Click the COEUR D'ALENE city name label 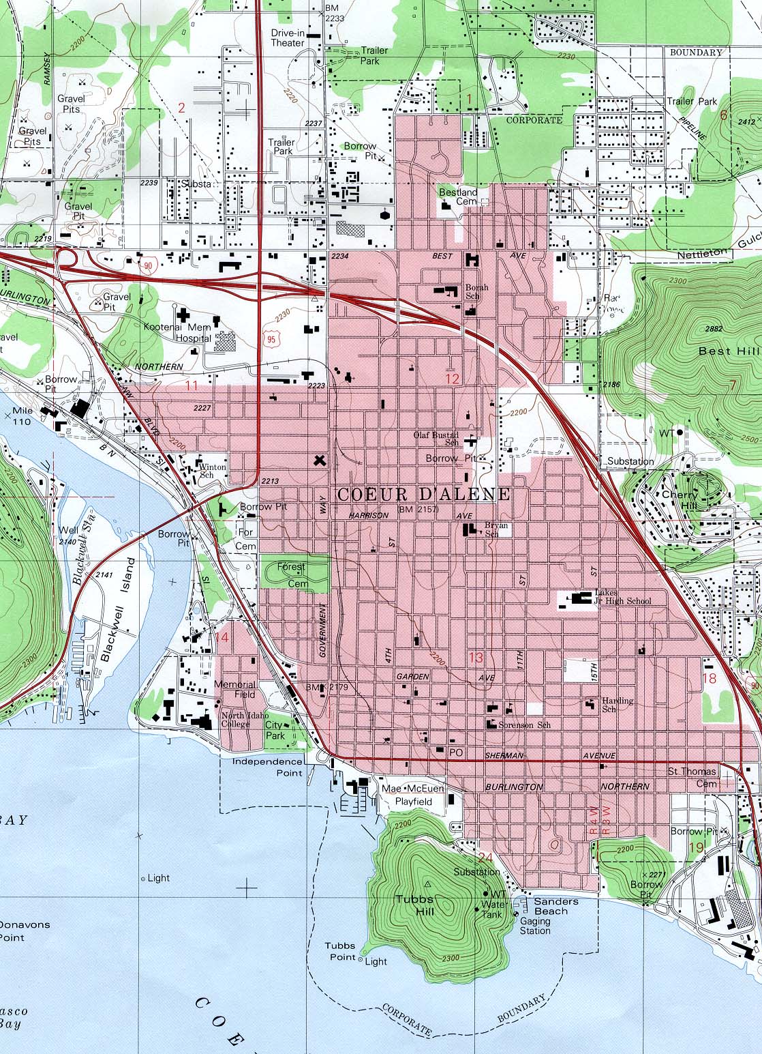click(x=423, y=495)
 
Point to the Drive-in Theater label click(x=288, y=38)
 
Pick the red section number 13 click(x=475, y=658)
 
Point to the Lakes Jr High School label click(x=623, y=597)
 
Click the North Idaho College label click(x=235, y=720)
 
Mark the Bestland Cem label click(x=458, y=197)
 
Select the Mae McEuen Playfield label click(x=413, y=795)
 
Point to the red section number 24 click(x=485, y=858)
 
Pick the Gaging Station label click(x=535, y=926)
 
